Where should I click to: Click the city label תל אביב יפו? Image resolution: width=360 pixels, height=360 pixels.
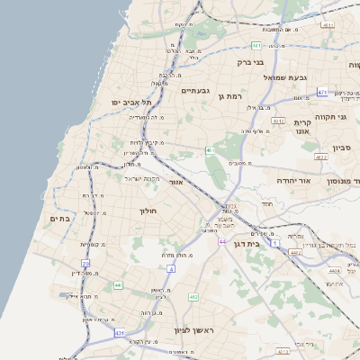[129, 103]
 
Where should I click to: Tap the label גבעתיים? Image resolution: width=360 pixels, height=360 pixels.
[195, 91]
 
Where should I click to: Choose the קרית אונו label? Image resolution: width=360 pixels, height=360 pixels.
[302, 126]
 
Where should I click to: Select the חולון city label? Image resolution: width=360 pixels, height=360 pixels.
[148, 211]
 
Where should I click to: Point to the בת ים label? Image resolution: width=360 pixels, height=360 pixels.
[59, 218]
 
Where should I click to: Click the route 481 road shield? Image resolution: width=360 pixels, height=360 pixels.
[256, 44]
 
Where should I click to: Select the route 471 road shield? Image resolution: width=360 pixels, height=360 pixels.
[321, 92]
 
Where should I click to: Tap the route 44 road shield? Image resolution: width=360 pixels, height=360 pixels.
[221, 241]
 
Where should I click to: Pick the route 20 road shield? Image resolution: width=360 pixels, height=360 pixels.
[85, 264]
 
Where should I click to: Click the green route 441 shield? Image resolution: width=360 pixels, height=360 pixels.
[118, 285]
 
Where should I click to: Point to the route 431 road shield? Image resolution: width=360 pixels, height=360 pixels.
[120, 333]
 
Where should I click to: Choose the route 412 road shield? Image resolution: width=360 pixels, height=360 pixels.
[193, 296]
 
